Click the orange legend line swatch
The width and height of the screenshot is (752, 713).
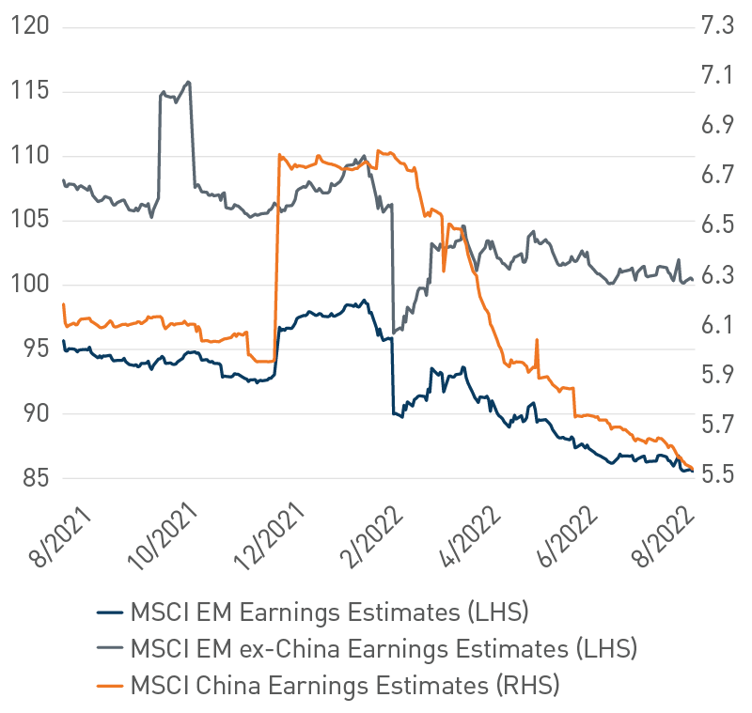pyautogui.click(x=111, y=687)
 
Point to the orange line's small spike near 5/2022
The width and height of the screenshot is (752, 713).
pyautogui.click(x=536, y=340)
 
